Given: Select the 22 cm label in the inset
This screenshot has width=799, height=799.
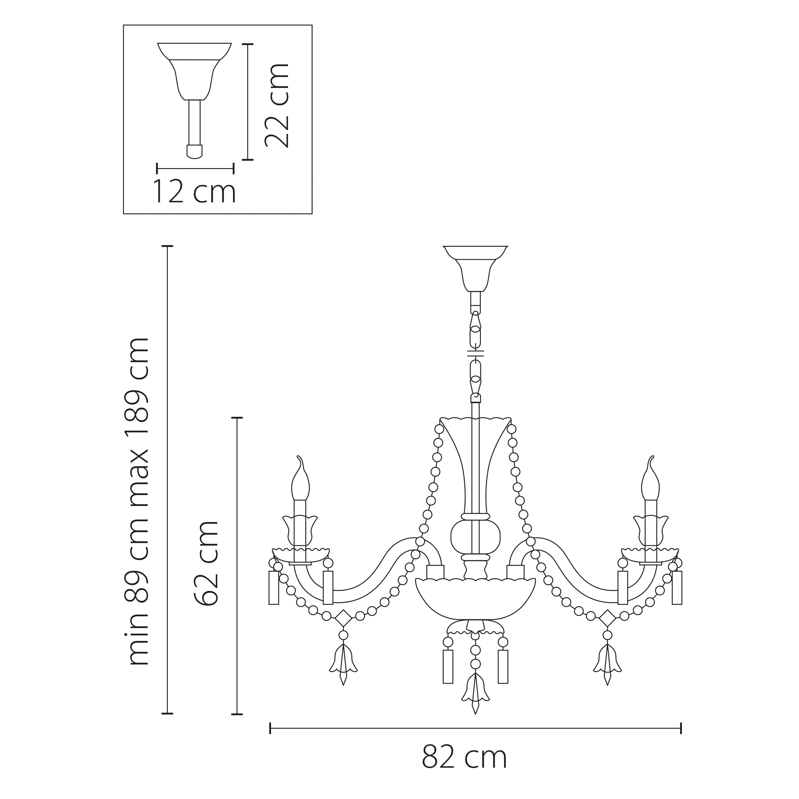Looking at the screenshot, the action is click(x=277, y=105).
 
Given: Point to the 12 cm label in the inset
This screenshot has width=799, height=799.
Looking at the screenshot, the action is click(x=194, y=191).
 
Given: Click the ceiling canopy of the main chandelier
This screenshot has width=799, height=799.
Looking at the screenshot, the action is click(x=475, y=268).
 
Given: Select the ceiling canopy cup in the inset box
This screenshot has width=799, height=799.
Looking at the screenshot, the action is click(x=194, y=71).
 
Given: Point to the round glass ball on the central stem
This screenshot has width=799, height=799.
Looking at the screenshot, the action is click(x=475, y=537).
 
